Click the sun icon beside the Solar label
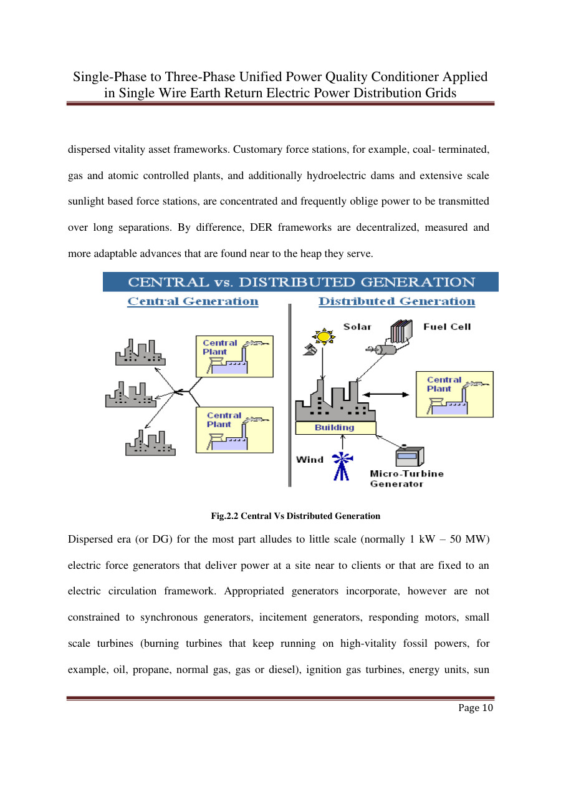click(x=324, y=337)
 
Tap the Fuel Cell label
click(x=447, y=326)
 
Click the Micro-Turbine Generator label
click(x=406, y=478)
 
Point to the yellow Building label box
click(x=335, y=428)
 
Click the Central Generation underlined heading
click(x=193, y=302)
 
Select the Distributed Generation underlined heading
click(x=396, y=302)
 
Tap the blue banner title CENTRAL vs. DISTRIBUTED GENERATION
click(x=301, y=282)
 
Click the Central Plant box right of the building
click(x=454, y=394)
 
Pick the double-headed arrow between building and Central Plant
click(x=387, y=394)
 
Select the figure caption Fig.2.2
click(x=295, y=516)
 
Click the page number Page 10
click(x=476, y=708)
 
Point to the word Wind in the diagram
click(x=310, y=460)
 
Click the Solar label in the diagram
click(x=357, y=326)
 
